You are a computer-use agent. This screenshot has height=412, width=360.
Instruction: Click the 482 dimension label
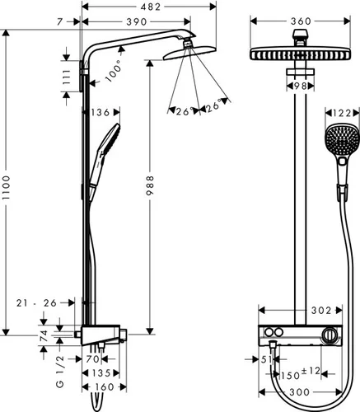(x=150, y=7)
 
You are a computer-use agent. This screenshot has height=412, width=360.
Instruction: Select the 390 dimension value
(x=137, y=21)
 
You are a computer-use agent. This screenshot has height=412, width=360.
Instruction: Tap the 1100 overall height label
(x=6, y=188)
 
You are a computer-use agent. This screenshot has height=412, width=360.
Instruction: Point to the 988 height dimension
(x=150, y=185)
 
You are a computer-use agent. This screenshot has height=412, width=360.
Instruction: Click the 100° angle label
(x=114, y=71)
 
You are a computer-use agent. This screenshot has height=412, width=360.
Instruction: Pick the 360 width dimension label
(x=301, y=21)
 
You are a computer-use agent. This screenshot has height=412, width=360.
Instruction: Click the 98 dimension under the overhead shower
(x=300, y=87)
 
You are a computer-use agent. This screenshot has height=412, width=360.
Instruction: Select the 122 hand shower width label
(x=342, y=113)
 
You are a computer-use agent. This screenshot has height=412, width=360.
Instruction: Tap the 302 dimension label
(x=321, y=311)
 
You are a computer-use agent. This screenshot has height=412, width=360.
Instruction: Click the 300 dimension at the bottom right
(x=299, y=392)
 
